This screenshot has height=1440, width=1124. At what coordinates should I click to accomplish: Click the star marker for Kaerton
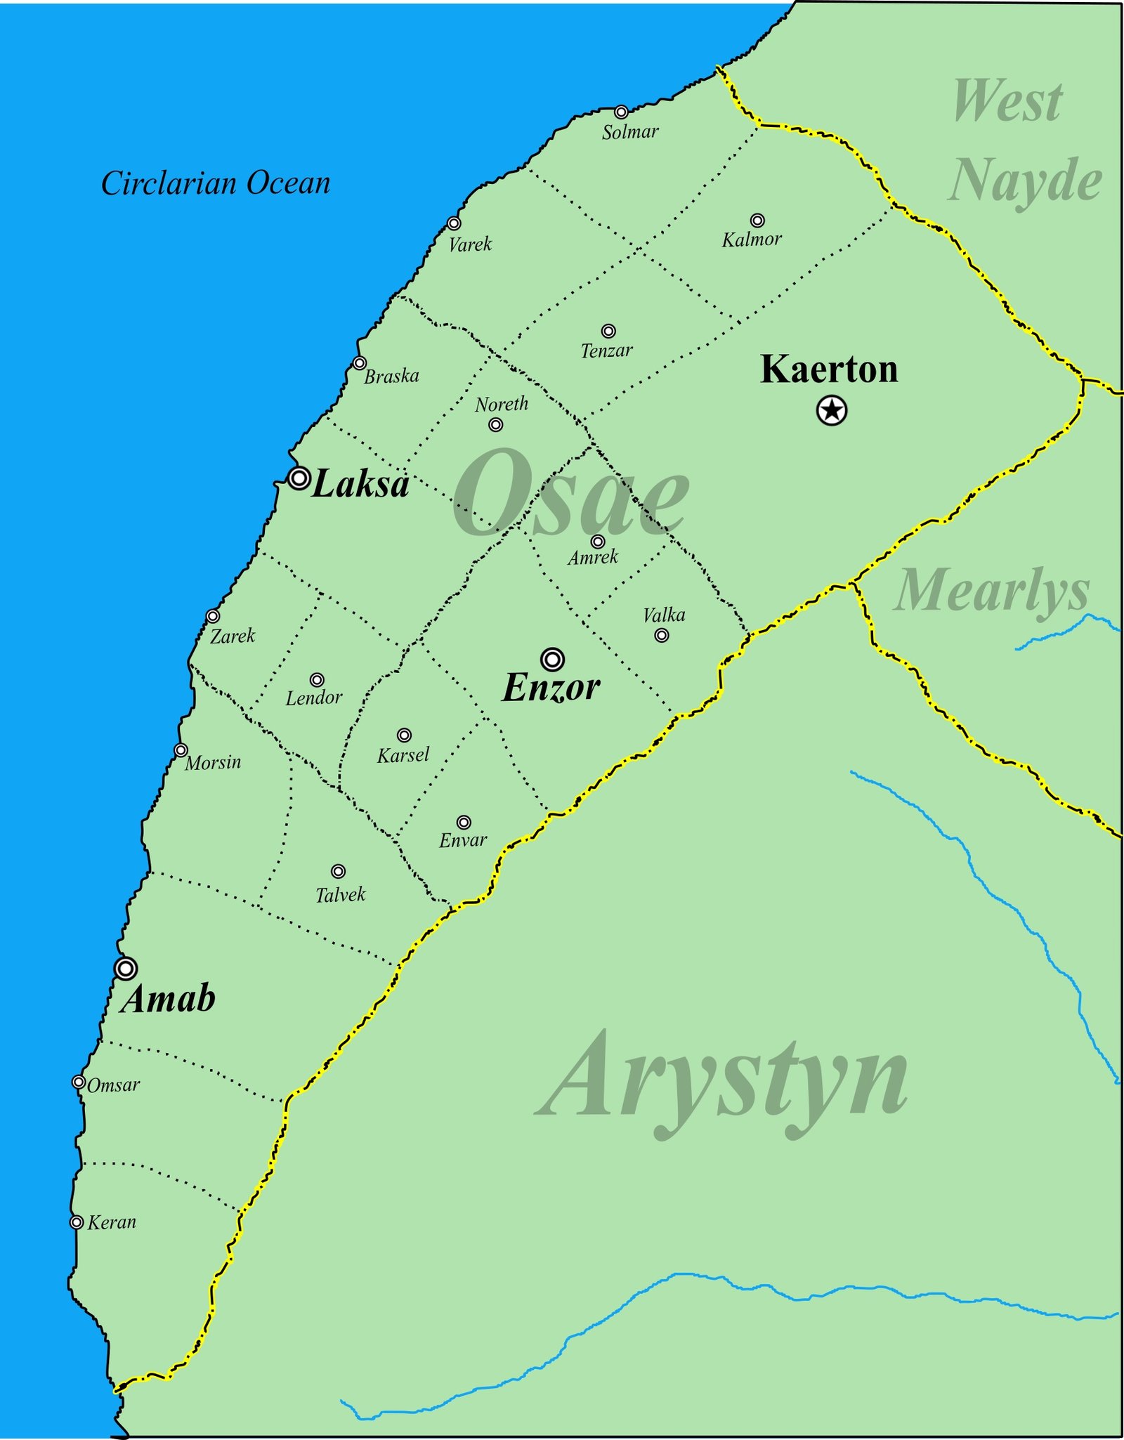click(832, 410)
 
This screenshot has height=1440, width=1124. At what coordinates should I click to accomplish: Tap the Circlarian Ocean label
click(216, 184)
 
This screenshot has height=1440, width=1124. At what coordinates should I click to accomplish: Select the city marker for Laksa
click(299, 478)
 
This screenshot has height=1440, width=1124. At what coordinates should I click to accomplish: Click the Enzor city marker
click(553, 660)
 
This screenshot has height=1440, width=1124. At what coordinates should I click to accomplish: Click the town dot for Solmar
click(621, 112)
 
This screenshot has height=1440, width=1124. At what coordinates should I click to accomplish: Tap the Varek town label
click(470, 244)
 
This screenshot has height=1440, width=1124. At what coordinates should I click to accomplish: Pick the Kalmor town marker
click(757, 221)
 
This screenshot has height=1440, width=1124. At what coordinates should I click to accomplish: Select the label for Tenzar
click(606, 350)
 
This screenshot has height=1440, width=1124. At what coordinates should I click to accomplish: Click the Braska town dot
click(360, 363)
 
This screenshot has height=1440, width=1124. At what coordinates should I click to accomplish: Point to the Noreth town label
click(502, 404)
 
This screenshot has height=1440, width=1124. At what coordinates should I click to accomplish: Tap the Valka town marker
click(662, 636)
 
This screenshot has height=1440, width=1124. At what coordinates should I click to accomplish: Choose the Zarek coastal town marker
click(213, 617)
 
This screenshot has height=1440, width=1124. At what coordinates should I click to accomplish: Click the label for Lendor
click(313, 698)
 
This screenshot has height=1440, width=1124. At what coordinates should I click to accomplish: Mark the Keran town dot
click(77, 1223)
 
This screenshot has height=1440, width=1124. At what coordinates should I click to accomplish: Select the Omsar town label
click(113, 1085)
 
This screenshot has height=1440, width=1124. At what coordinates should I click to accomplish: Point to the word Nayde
click(1026, 180)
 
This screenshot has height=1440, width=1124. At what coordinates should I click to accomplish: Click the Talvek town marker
click(339, 872)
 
